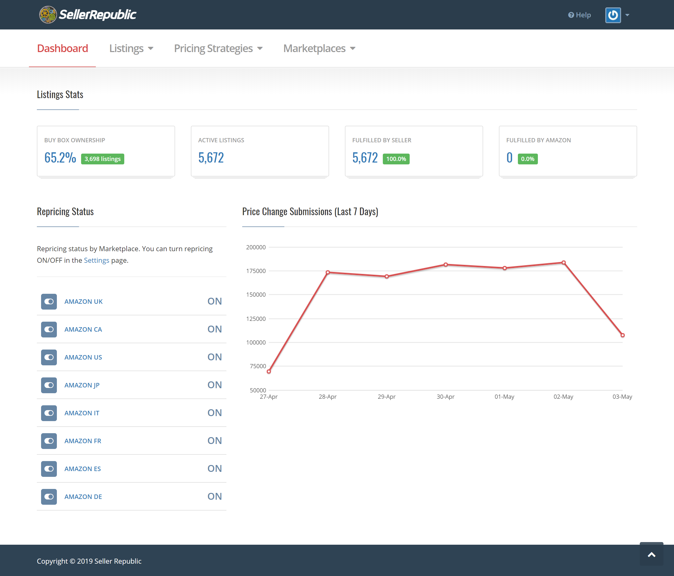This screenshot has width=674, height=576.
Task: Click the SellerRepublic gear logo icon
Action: pyautogui.click(x=48, y=15)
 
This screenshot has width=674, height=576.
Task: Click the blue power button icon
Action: pyautogui.click(x=613, y=15)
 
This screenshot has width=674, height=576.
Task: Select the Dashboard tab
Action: pyautogui.click(x=62, y=48)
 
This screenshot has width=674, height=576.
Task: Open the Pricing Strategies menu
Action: pyautogui.click(x=218, y=48)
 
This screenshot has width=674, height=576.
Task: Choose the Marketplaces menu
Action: pyautogui.click(x=319, y=48)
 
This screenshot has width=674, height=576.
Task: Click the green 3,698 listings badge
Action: pyautogui.click(x=102, y=159)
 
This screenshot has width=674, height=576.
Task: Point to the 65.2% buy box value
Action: pyautogui.click(x=60, y=158)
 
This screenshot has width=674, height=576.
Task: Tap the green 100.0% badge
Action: pyautogui.click(x=396, y=159)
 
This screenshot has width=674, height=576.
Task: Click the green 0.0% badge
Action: pyautogui.click(x=527, y=159)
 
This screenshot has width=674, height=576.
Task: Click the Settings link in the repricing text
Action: pyautogui.click(x=96, y=260)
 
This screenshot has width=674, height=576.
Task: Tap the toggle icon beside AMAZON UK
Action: pyautogui.click(x=49, y=301)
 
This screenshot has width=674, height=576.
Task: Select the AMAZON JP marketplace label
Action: pyautogui.click(x=82, y=385)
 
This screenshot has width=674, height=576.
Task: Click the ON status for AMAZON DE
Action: pyautogui.click(x=214, y=496)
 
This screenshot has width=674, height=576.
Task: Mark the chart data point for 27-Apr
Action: pyautogui.click(x=269, y=371)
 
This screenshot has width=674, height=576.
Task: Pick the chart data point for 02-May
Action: pyautogui.click(x=563, y=262)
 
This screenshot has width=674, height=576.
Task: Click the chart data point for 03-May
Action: pyautogui.click(x=622, y=335)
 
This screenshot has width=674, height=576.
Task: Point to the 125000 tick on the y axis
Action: pyautogui.click(x=256, y=319)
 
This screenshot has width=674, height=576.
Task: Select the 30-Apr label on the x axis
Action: pyautogui.click(x=445, y=397)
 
